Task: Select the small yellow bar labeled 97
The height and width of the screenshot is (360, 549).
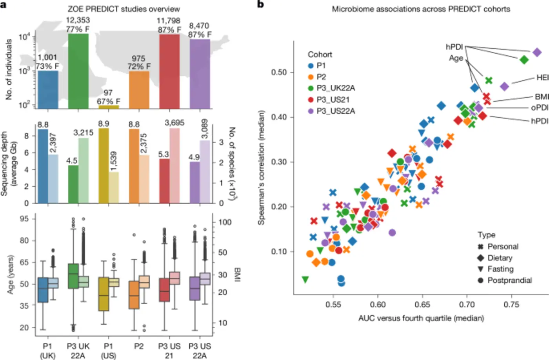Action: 108,107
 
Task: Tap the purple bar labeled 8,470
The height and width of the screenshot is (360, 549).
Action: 200,74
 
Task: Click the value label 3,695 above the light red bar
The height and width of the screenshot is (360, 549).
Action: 175,123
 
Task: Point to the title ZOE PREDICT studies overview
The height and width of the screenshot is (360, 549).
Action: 124,9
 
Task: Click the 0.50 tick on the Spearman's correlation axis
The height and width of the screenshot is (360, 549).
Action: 279,73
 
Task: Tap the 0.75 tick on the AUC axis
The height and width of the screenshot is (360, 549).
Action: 511,305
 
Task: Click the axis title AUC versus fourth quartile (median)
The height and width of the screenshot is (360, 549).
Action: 421,318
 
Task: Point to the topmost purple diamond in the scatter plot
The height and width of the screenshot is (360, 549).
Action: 537,52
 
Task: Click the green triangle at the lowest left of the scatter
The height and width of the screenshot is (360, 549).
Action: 305,280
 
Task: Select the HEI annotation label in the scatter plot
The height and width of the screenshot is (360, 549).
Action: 542,78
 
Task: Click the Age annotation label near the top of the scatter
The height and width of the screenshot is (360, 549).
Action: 456,58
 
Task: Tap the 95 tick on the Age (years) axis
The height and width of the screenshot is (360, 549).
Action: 24,219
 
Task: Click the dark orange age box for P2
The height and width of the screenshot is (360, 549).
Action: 134,295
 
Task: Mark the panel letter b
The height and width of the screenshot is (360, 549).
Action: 260,5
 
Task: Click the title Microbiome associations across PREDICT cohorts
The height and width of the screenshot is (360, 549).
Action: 421,9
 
